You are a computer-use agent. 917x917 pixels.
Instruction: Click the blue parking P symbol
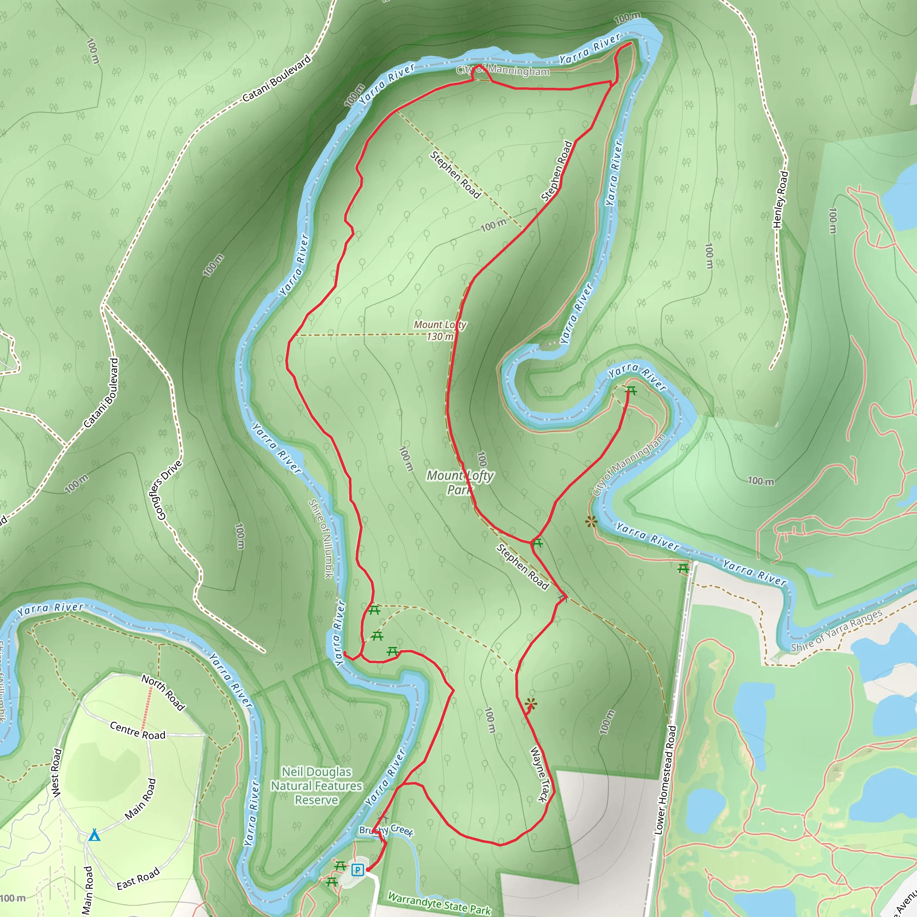(x=357, y=870)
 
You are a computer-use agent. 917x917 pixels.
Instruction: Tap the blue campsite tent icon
(x=94, y=835)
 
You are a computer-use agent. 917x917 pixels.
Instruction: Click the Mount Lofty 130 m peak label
(x=440, y=330)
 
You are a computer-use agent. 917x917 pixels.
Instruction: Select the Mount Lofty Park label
(x=460, y=482)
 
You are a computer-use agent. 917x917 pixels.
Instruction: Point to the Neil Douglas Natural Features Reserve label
(x=317, y=785)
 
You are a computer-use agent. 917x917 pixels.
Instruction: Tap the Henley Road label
(x=780, y=199)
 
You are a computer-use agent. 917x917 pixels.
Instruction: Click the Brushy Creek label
(x=386, y=830)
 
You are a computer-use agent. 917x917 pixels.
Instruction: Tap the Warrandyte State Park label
(x=439, y=903)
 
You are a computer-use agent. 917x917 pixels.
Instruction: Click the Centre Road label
(x=137, y=730)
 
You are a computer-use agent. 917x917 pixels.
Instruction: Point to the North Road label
(x=163, y=693)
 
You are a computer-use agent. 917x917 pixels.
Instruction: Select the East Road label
(x=138, y=879)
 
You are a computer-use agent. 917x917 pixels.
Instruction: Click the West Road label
(x=56, y=773)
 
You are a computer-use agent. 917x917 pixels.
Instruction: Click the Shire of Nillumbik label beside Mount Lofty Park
(x=321, y=539)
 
